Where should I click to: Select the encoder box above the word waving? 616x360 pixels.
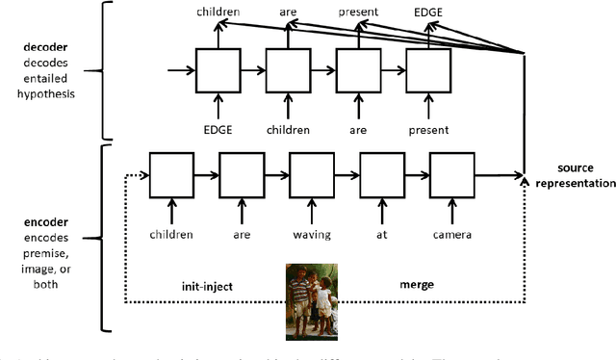pyautogui.click(x=312, y=175)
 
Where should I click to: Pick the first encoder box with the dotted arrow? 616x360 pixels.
pyautogui.click(x=171, y=175)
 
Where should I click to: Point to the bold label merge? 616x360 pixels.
pyautogui.click(x=417, y=286)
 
